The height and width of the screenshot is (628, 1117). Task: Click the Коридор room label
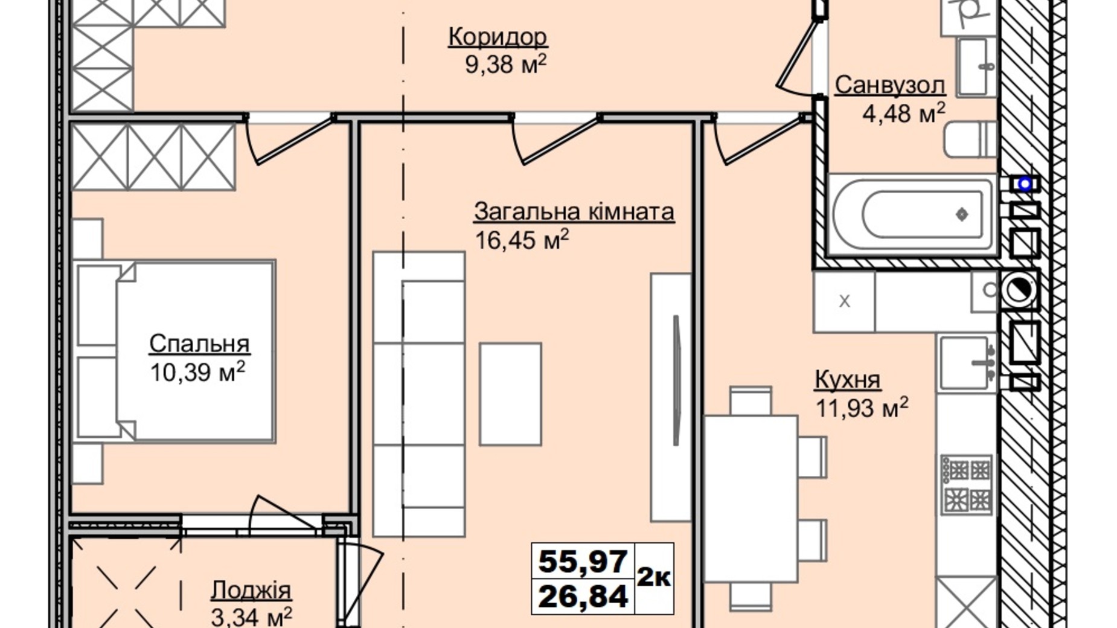(x=498, y=37)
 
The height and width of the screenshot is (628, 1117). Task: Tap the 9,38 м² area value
(x=506, y=64)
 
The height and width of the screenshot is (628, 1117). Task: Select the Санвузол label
(x=889, y=86)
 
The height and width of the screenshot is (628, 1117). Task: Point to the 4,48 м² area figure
(x=903, y=113)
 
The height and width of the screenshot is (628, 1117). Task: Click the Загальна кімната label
(x=574, y=212)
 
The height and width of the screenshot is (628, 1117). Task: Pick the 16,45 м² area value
(x=522, y=240)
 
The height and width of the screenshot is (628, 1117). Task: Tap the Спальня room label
(x=199, y=344)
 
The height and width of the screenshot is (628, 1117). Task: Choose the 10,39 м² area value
(x=197, y=371)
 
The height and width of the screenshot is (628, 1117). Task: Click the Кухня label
(x=848, y=380)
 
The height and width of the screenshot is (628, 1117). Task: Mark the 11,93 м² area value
(x=862, y=408)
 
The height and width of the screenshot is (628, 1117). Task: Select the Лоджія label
(x=251, y=590)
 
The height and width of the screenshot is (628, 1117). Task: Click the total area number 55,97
(x=583, y=562)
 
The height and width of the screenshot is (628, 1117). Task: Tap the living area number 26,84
(x=583, y=597)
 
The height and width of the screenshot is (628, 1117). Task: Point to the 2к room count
(x=653, y=578)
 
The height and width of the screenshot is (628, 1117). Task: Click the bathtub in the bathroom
(x=912, y=214)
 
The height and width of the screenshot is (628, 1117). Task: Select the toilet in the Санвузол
(x=970, y=139)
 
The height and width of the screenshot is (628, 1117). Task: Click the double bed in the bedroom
(x=175, y=351)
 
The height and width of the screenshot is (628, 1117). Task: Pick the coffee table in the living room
(x=510, y=394)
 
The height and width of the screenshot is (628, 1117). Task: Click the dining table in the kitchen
(x=751, y=499)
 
